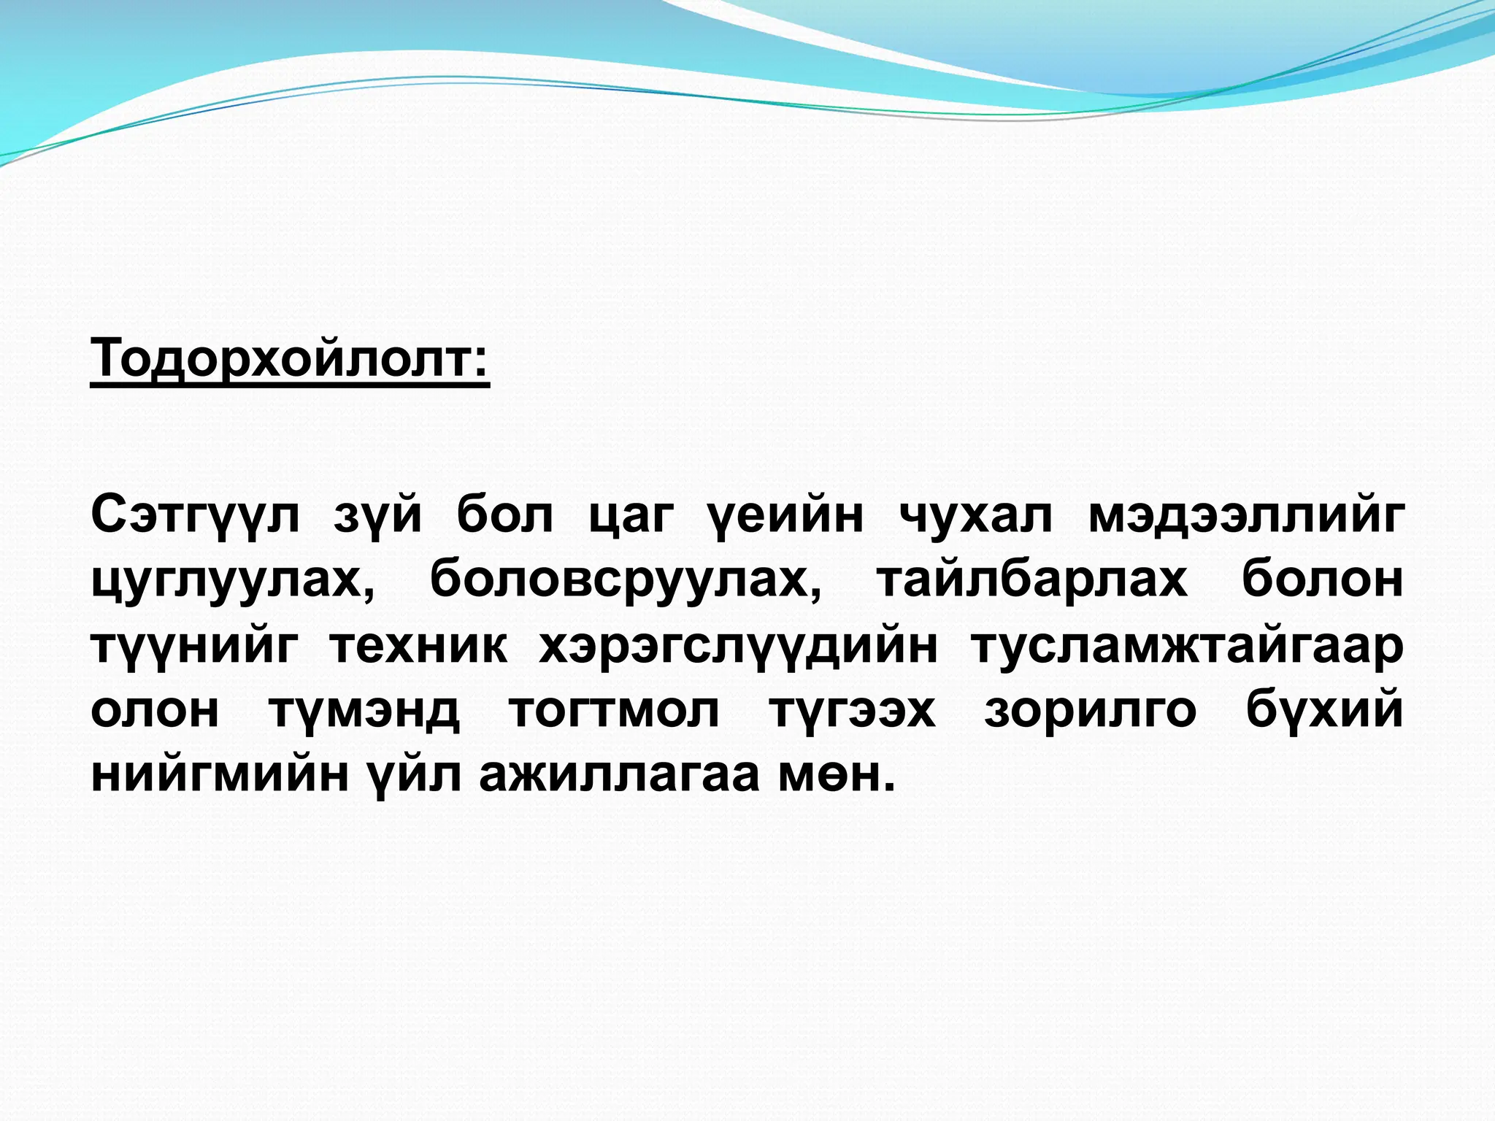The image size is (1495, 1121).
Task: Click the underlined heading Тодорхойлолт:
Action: click(x=290, y=360)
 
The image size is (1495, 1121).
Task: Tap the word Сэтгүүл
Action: click(x=195, y=517)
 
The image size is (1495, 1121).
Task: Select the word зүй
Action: click(x=377, y=517)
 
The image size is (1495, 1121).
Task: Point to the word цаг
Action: click(x=631, y=517)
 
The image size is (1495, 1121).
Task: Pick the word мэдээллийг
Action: click(x=1245, y=517)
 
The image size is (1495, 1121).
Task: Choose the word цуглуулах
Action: click(x=234, y=581)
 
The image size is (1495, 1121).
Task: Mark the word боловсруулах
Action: click(x=625, y=581)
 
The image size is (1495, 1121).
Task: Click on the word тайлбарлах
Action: click(x=1032, y=581)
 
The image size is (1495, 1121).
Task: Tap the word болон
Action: click(x=1322, y=579)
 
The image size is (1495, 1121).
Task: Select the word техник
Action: click(x=418, y=645)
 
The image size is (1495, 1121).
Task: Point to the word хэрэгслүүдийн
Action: click(x=738, y=645)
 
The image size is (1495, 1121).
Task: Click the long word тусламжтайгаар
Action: click(x=1186, y=647)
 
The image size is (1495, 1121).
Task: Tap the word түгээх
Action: click(x=852, y=709)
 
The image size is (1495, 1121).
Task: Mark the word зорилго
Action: click(x=1090, y=711)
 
